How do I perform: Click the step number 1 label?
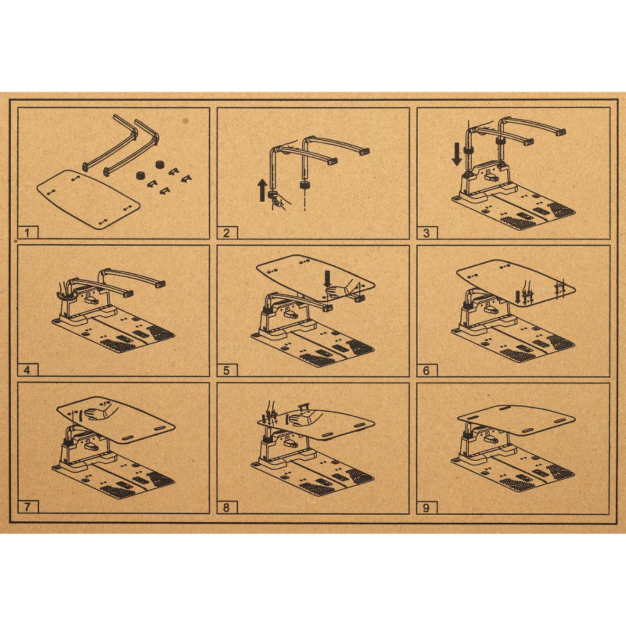[27, 233]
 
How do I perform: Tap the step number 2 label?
[226, 233]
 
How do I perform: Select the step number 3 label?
[426, 233]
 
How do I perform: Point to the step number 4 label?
[27, 370]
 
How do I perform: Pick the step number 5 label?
[226, 370]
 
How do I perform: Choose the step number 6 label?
[426, 370]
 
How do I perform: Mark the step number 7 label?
[27, 507]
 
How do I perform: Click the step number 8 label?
[226, 507]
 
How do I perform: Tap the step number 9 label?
[426, 508]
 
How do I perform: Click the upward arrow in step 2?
[263, 191]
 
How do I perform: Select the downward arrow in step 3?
[457, 154]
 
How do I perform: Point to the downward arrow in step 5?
[327, 279]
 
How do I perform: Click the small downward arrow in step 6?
[518, 297]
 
